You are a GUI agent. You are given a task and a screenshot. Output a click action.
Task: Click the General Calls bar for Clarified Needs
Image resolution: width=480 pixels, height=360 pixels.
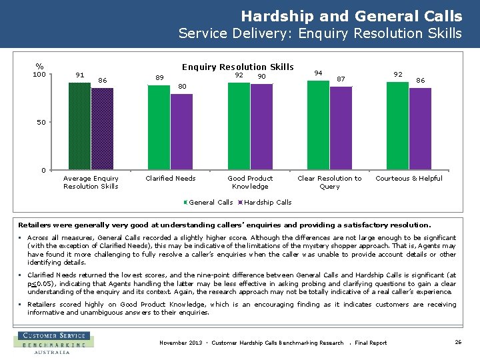point(159,127)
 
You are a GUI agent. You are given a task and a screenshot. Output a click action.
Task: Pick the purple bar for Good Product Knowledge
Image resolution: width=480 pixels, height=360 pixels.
point(261,127)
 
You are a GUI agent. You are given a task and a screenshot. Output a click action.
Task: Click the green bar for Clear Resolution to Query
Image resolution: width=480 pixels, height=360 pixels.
point(318,125)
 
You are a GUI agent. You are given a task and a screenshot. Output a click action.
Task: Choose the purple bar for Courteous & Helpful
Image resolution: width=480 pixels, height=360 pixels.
point(420,129)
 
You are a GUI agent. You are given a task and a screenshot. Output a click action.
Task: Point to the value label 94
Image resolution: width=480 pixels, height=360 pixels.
point(319,73)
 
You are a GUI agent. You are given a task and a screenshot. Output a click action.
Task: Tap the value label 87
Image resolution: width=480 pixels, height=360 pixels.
point(341,79)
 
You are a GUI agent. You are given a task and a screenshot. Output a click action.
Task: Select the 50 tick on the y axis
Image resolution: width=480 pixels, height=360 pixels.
point(41,123)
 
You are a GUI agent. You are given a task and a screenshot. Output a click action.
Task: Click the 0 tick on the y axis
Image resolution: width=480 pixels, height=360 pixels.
point(43,170)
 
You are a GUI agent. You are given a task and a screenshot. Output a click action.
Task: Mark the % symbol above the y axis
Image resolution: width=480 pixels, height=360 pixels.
point(40,66)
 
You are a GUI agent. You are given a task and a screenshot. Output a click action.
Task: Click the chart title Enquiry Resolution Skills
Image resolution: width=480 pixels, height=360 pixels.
point(238,67)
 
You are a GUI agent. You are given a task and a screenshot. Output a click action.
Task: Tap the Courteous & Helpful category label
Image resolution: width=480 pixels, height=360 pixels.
point(409,178)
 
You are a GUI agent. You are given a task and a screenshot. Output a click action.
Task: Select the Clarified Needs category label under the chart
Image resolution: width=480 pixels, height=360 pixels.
point(171,178)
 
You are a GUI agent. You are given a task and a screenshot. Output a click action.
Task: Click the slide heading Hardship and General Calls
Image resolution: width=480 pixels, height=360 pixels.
point(351,15)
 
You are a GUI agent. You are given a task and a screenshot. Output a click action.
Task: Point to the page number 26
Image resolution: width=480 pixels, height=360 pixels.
point(458,342)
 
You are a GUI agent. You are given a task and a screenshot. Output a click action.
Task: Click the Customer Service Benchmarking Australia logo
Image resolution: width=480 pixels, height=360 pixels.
point(53,343)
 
